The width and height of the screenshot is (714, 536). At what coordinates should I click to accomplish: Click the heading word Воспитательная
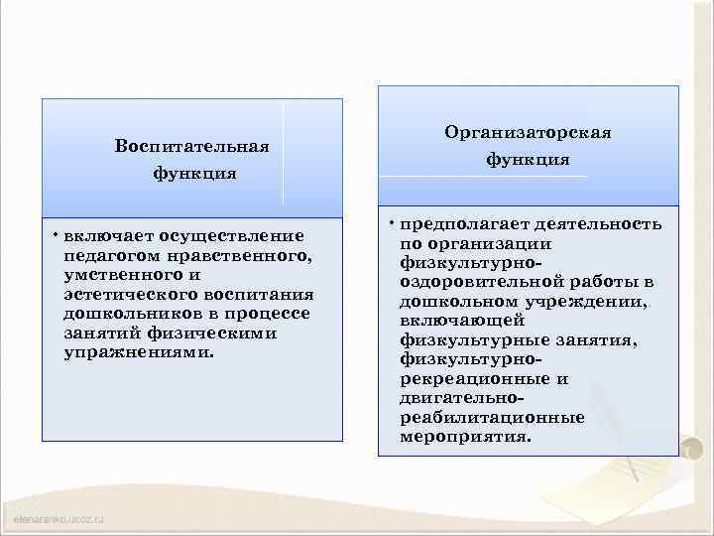pos(192,147)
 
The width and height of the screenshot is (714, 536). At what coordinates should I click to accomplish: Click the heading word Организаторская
pos(528,132)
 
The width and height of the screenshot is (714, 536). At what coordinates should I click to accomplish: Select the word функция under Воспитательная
pos(193,174)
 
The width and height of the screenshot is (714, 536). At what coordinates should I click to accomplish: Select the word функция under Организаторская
pos(528,159)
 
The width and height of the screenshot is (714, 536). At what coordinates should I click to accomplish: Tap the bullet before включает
pos(56,234)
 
